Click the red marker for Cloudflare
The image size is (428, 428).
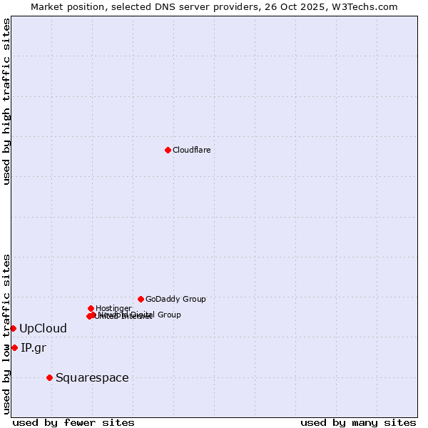point(168,150)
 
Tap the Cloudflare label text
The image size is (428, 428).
point(191,150)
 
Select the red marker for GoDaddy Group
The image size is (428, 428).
point(141,299)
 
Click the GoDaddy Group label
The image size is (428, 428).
point(175,299)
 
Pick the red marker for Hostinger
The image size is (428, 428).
point(91,308)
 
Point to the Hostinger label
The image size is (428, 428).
point(113,308)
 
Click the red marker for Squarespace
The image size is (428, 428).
point(49,377)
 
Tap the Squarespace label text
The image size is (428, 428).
point(92,377)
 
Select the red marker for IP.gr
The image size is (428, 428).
point(14,347)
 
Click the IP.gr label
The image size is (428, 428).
point(33,347)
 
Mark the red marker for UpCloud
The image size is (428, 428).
point(13,328)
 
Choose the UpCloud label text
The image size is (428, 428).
point(43,328)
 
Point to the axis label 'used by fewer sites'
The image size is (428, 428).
point(73,422)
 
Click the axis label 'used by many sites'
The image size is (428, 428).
point(358,422)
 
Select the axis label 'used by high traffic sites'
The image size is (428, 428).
point(7,101)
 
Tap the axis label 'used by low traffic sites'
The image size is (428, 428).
point(7,334)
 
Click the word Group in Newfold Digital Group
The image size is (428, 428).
point(169,315)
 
